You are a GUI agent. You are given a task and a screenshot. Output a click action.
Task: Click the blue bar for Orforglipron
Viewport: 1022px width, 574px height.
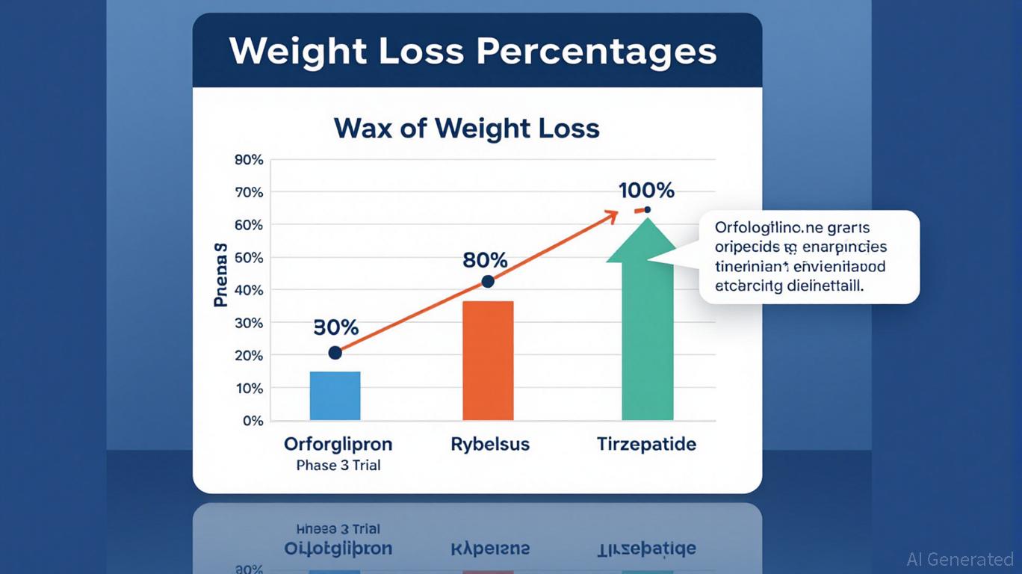(335, 395)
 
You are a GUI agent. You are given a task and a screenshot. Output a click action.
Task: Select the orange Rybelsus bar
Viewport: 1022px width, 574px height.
(488, 360)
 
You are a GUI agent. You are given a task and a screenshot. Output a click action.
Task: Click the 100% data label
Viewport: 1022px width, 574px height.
(646, 191)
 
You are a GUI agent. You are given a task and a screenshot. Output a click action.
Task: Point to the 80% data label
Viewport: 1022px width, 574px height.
(485, 261)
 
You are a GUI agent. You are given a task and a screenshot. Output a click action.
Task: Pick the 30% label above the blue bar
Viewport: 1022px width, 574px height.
(335, 327)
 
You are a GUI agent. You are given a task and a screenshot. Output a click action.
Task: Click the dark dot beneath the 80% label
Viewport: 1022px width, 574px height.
(488, 282)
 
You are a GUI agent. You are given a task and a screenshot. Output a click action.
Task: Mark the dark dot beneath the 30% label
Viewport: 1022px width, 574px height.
(335, 352)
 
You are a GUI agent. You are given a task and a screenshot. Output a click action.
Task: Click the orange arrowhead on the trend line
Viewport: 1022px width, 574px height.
(612, 215)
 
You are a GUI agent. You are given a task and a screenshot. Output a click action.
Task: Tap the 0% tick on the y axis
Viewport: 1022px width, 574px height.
(253, 421)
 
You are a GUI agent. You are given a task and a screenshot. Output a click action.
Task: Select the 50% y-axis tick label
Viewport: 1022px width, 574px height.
(249, 257)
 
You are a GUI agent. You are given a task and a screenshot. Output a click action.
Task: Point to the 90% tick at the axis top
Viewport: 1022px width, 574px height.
(249, 159)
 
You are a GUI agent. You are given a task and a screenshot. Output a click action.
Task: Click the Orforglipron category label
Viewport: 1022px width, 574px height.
(338, 444)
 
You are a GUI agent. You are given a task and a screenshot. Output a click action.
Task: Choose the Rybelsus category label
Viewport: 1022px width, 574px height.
(490, 444)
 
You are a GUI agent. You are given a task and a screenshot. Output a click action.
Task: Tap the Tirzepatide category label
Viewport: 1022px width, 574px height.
(646, 444)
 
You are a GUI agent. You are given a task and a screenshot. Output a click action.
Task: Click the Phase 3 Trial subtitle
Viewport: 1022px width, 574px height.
(338, 466)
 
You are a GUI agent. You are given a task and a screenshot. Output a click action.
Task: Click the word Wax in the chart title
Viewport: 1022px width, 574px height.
(363, 129)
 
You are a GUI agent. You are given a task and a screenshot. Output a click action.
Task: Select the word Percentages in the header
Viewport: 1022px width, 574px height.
(595, 52)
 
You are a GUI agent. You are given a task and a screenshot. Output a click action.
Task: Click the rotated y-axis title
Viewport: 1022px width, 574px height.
(220, 275)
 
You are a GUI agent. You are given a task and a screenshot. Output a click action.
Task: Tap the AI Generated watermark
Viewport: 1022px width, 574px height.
(959, 559)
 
